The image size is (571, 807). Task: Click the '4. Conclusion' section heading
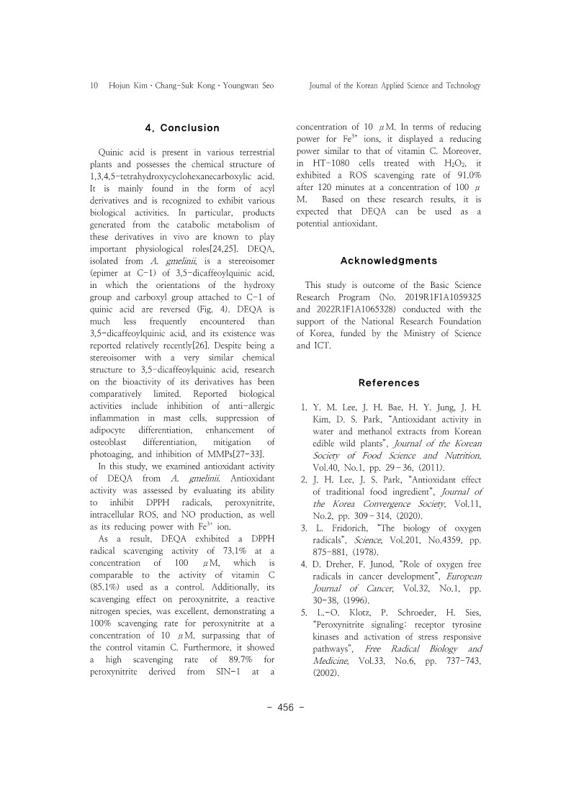coord(182,128)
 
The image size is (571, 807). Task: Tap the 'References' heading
coord(389,383)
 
